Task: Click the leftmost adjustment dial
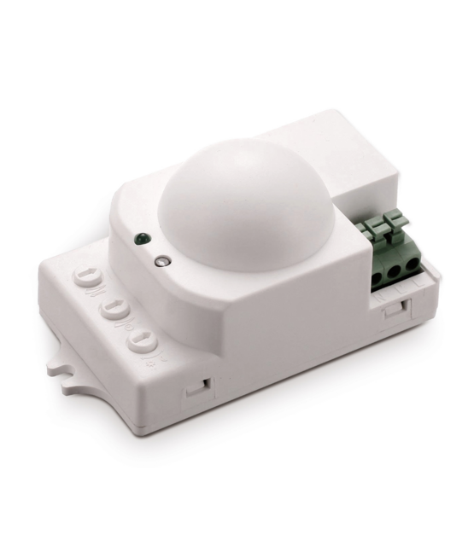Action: point(86,277)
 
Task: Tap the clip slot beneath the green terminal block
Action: point(394,308)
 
